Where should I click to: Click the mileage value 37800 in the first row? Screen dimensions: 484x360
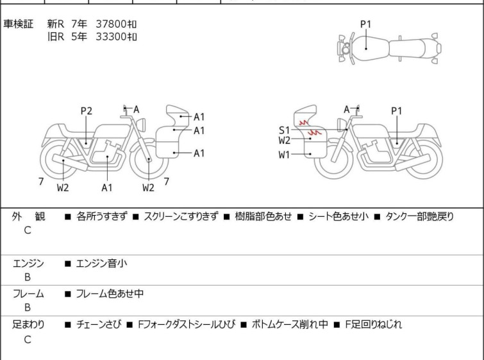pyautogui.click(x=111, y=24)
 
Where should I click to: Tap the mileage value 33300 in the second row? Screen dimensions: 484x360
pyautogui.click(x=111, y=37)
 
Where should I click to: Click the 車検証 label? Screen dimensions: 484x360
pyautogui.click(x=18, y=24)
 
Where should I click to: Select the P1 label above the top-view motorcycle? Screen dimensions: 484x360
pyautogui.click(x=366, y=24)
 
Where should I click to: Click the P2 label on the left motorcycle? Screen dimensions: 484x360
pyautogui.click(x=87, y=111)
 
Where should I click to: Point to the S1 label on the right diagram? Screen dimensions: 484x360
pyautogui.click(x=284, y=130)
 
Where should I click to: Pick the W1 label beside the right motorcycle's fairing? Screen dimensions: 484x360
pyautogui.click(x=284, y=155)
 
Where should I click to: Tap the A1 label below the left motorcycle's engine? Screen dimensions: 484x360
pyautogui.click(x=107, y=187)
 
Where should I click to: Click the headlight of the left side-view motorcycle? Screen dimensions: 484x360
pyautogui.click(x=141, y=125)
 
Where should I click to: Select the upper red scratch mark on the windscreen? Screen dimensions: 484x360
pyautogui.click(x=304, y=123)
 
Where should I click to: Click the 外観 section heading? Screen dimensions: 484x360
pyautogui.click(x=28, y=216)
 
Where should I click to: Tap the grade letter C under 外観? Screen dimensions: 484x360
pyautogui.click(x=28, y=230)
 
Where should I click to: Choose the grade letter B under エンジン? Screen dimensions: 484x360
pyautogui.click(x=28, y=277)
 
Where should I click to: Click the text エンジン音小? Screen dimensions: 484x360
pyautogui.click(x=101, y=263)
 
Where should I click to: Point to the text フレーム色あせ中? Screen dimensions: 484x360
pyautogui.click(x=110, y=293)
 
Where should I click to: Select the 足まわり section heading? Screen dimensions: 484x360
pyautogui.click(x=28, y=325)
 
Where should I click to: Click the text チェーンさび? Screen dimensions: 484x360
pyautogui.click(x=99, y=325)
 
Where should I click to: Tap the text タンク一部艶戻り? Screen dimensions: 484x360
pyautogui.click(x=419, y=216)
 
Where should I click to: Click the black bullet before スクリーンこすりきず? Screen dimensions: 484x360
pyautogui.click(x=136, y=217)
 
